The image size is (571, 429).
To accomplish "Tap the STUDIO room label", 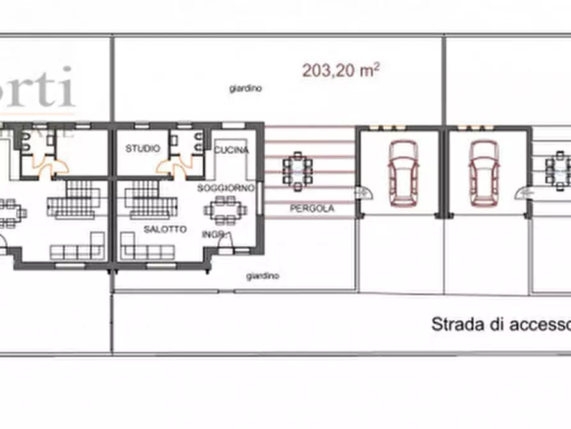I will [143, 149].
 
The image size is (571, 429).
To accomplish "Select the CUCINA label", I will [231, 150].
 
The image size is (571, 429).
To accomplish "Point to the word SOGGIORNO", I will [226, 188].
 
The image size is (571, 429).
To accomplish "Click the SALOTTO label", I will [165, 229].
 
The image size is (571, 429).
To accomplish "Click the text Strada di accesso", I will [501, 324].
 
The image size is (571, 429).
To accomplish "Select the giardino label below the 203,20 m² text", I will [246, 90].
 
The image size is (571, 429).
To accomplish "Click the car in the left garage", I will [403, 173].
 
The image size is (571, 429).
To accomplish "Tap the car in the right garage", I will [484, 173].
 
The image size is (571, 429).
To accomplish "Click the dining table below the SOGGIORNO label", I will [225, 209].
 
